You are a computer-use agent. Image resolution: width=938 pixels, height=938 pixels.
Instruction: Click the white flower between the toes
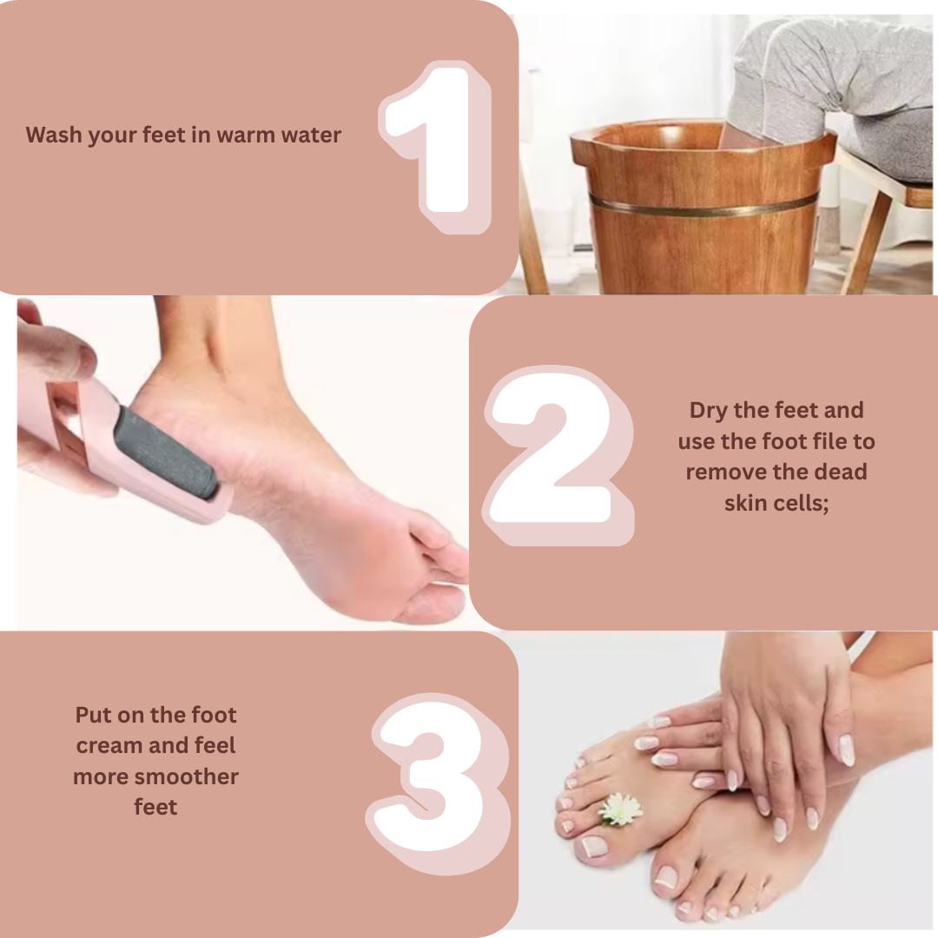(620, 809)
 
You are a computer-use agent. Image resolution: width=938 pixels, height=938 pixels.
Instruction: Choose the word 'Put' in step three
(93, 715)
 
